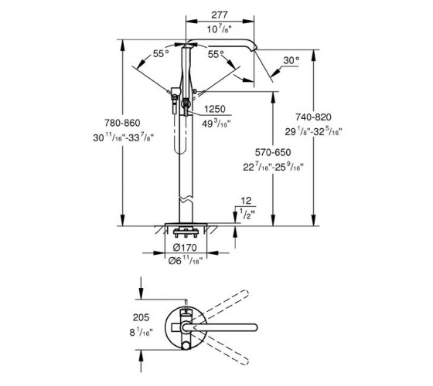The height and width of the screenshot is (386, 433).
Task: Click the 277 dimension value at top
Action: (220, 15)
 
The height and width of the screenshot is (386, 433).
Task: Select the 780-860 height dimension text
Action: (122, 123)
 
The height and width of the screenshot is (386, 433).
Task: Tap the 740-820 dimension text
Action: (313, 117)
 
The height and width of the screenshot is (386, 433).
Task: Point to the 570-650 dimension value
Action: (273, 152)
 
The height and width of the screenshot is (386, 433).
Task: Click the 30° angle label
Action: (292, 60)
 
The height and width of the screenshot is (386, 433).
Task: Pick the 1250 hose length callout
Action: (215, 109)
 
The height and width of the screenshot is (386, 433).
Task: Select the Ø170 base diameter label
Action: (185, 248)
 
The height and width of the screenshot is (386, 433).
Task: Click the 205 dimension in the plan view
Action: (141, 317)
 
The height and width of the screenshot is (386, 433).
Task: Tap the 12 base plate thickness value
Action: (246, 201)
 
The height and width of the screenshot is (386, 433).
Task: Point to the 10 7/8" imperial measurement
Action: (220, 29)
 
